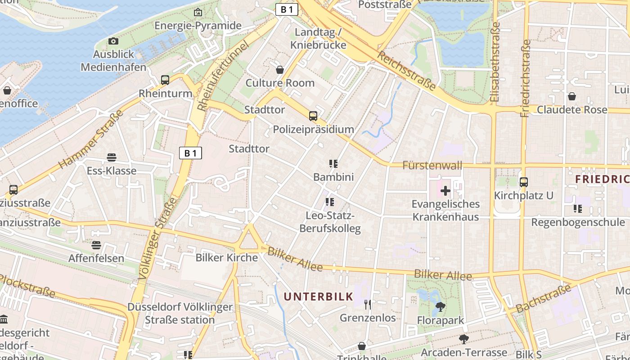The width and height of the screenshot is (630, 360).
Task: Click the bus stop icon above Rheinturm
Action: click(165, 80)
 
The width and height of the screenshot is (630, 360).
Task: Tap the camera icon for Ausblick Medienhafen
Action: click(113, 41)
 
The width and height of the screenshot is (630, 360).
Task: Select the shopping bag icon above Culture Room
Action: click(280, 70)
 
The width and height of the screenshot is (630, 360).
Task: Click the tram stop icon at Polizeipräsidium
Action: click(313, 116)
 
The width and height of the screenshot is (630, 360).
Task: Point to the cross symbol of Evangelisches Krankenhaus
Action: click(445, 191)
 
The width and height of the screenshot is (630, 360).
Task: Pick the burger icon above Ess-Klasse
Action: click(112, 157)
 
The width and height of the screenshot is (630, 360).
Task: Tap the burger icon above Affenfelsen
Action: click(96, 245)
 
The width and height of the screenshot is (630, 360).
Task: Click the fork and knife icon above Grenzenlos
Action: click(368, 305)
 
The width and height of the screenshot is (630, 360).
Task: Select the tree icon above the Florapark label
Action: click(440, 307)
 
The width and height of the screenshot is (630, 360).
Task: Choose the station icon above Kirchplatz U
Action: click(523, 182)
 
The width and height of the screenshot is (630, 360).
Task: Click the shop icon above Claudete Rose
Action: click(572, 96)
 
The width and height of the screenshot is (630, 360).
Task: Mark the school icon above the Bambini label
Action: click(333, 164)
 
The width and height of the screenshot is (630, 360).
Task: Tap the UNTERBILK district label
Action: click(318, 296)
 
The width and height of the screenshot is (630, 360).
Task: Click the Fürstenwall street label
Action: click(432, 165)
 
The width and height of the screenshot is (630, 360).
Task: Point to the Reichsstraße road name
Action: click(406, 71)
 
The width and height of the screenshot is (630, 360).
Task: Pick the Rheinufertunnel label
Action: click(223, 76)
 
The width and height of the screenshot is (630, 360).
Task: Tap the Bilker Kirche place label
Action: click(226, 258)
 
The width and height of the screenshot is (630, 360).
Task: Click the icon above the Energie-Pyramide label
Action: click(198, 13)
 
